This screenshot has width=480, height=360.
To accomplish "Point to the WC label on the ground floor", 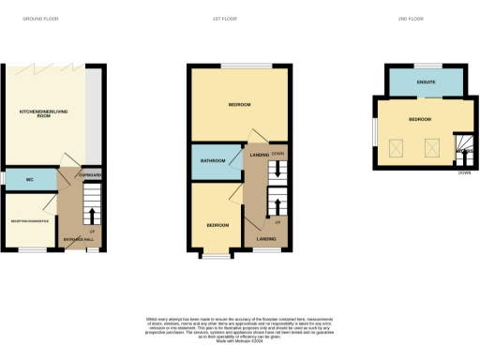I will (x=29, y=177).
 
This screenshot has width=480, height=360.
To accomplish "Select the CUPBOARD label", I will (x=89, y=175).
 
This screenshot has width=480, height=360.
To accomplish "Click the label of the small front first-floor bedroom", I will (x=217, y=225).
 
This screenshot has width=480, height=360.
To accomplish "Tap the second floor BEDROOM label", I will (x=420, y=120).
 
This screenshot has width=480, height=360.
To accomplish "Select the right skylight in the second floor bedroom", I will (x=433, y=146).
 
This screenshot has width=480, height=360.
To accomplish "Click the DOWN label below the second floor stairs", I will (x=464, y=172).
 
